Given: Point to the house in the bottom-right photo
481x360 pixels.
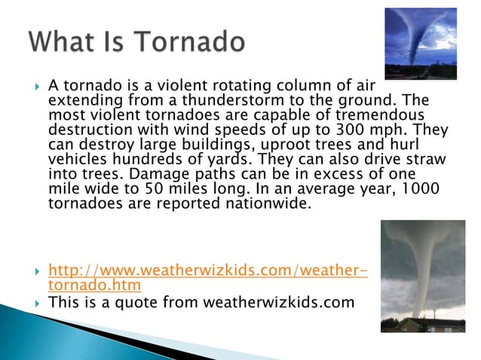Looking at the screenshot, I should click(421, 324).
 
